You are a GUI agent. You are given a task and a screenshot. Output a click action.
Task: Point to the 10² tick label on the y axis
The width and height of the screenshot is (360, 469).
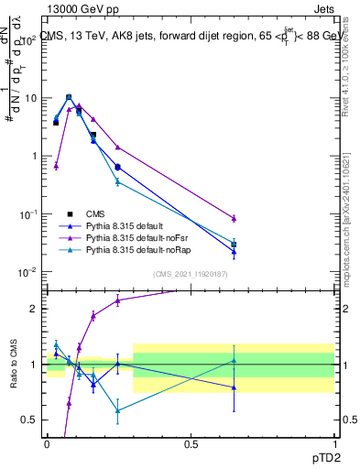[x=29, y=40]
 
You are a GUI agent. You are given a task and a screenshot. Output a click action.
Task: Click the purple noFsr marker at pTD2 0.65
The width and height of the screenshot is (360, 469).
[x=234, y=218]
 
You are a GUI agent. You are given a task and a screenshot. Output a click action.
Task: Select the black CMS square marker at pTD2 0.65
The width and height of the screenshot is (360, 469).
[x=234, y=245]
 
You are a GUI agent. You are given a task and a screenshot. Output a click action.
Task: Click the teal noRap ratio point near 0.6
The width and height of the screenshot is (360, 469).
[x=117, y=409]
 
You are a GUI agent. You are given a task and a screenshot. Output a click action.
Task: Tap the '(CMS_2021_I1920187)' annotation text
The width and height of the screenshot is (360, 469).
[x=190, y=273]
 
